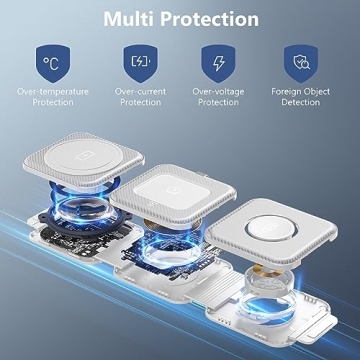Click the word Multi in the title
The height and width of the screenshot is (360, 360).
pos(135,19)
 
